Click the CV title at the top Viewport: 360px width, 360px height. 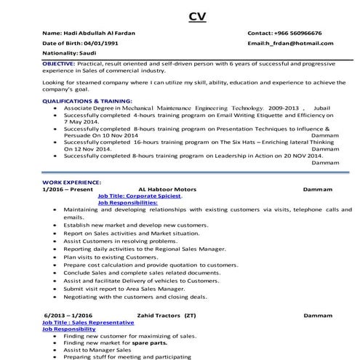point(196,15)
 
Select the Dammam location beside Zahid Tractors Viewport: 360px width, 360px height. point(318,316)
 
